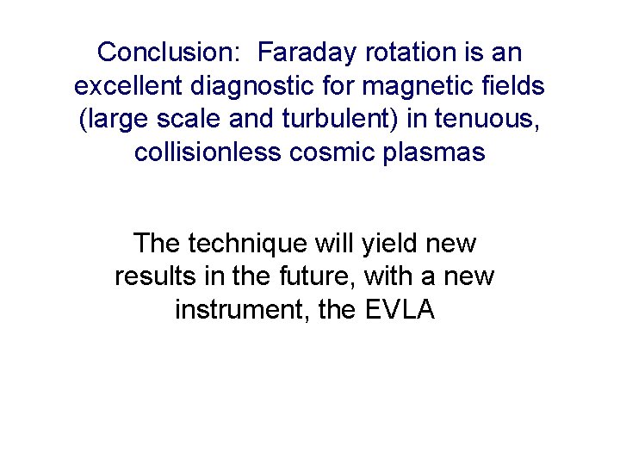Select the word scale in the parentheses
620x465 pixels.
pyautogui.click(x=179, y=120)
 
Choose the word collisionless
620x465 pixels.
pyautogui.click(x=208, y=153)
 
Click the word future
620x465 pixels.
pyautogui.click(x=317, y=277)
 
